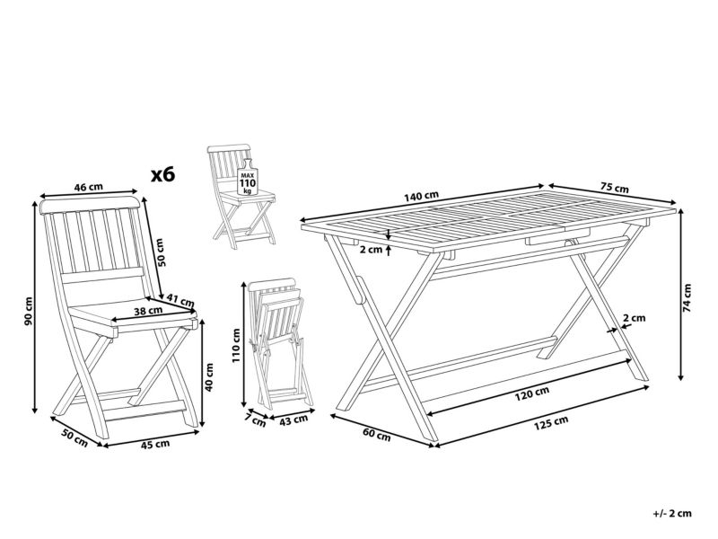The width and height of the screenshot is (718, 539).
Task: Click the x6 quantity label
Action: coord(163,174)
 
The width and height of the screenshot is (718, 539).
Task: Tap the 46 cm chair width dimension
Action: coord(89,187)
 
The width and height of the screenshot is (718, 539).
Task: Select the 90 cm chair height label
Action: coord(29,311)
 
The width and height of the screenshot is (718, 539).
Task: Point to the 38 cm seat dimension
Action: coord(148,310)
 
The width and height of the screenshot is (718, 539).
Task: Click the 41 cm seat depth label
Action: coord(180,301)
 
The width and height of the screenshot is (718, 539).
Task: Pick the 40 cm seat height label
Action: coord(209,376)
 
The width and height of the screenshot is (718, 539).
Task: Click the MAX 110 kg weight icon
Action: coord(248,178)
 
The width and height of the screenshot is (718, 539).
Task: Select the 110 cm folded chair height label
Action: coord(236,345)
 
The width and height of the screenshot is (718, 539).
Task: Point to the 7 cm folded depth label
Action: coord(255,420)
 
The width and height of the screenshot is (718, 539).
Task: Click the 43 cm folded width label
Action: coord(293,420)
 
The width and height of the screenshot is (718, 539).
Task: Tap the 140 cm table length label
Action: coord(421,196)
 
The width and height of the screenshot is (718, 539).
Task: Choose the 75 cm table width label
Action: coord(615,188)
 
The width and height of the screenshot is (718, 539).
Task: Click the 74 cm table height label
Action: coord(687,298)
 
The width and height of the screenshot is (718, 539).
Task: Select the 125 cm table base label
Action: coord(551,423)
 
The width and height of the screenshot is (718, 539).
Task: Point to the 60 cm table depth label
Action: coord(377,434)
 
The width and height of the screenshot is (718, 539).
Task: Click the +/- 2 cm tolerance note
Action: coord(672,513)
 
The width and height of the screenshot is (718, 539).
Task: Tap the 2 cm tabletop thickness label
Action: coord(371,250)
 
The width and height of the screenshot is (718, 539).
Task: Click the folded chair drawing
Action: coord(280,344)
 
